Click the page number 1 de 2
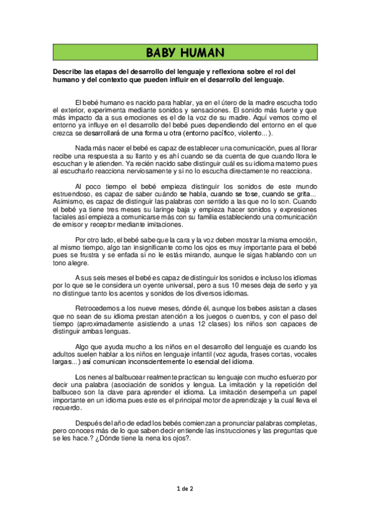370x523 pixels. click(x=185, y=488)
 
